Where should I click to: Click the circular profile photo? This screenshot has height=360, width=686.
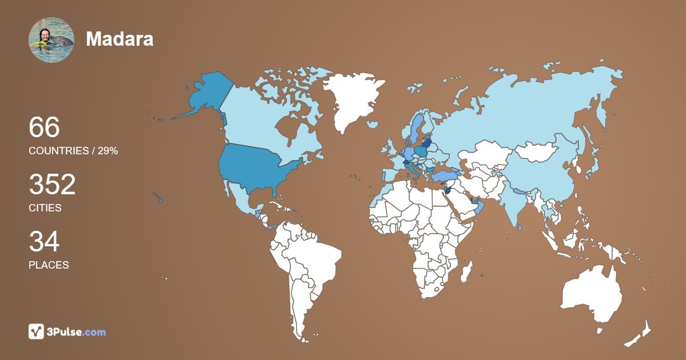51,39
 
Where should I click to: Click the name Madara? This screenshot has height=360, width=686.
119,39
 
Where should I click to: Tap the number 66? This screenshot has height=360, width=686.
44,127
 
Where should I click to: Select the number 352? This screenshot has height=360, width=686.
52,185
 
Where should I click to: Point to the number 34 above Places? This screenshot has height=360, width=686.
44,242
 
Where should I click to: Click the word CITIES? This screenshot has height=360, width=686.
45,208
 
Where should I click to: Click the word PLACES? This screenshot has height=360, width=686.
49,265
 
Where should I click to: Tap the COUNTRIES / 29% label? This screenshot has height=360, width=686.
73,151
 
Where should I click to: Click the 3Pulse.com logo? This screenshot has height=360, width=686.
67,331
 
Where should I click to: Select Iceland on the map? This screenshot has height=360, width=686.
372,124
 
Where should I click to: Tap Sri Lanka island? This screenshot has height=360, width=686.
520,227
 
